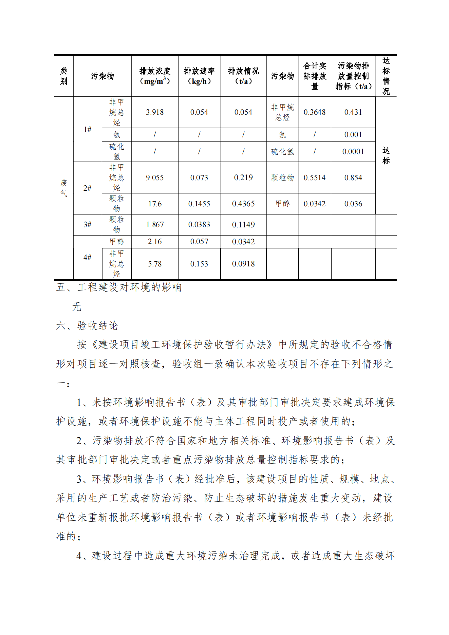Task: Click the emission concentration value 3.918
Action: tap(155, 112)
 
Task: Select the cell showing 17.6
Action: tap(155, 204)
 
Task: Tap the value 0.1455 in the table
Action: tap(199, 204)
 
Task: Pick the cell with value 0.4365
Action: tap(243, 204)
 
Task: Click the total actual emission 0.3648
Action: tap(315, 112)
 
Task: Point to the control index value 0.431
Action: tap(353, 112)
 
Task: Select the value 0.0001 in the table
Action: tap(353, 152)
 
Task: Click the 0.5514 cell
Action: tap(315, 178)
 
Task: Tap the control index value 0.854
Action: tap(353, 178)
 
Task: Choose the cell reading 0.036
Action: tap(353, 204)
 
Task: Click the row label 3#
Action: tap(88, 225)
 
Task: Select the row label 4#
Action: tap(88, 258)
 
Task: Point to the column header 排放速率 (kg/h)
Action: tap(199, 76)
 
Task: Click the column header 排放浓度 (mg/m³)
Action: tap(155, 76)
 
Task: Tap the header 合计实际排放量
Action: tap(315, 76)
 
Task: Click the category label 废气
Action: tap(64, 188)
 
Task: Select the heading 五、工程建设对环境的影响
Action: tap(119, 287)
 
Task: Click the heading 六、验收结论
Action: tap(87, 326)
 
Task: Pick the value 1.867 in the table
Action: tap(155, 225)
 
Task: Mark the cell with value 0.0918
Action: tap(243, 264)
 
